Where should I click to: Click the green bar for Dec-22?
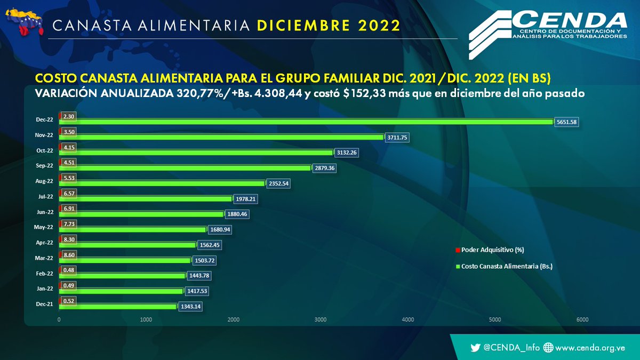[307, 122]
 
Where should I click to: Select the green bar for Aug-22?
[162, 183]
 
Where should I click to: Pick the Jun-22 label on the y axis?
[44, 212]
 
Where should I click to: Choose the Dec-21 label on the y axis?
[44, 304]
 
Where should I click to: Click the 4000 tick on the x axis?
[407, 320]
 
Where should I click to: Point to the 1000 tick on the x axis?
[146, 320]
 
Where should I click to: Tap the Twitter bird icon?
[475, 348]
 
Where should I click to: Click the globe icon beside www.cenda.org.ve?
[548, 348]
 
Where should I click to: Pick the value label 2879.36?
[325, 168]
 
